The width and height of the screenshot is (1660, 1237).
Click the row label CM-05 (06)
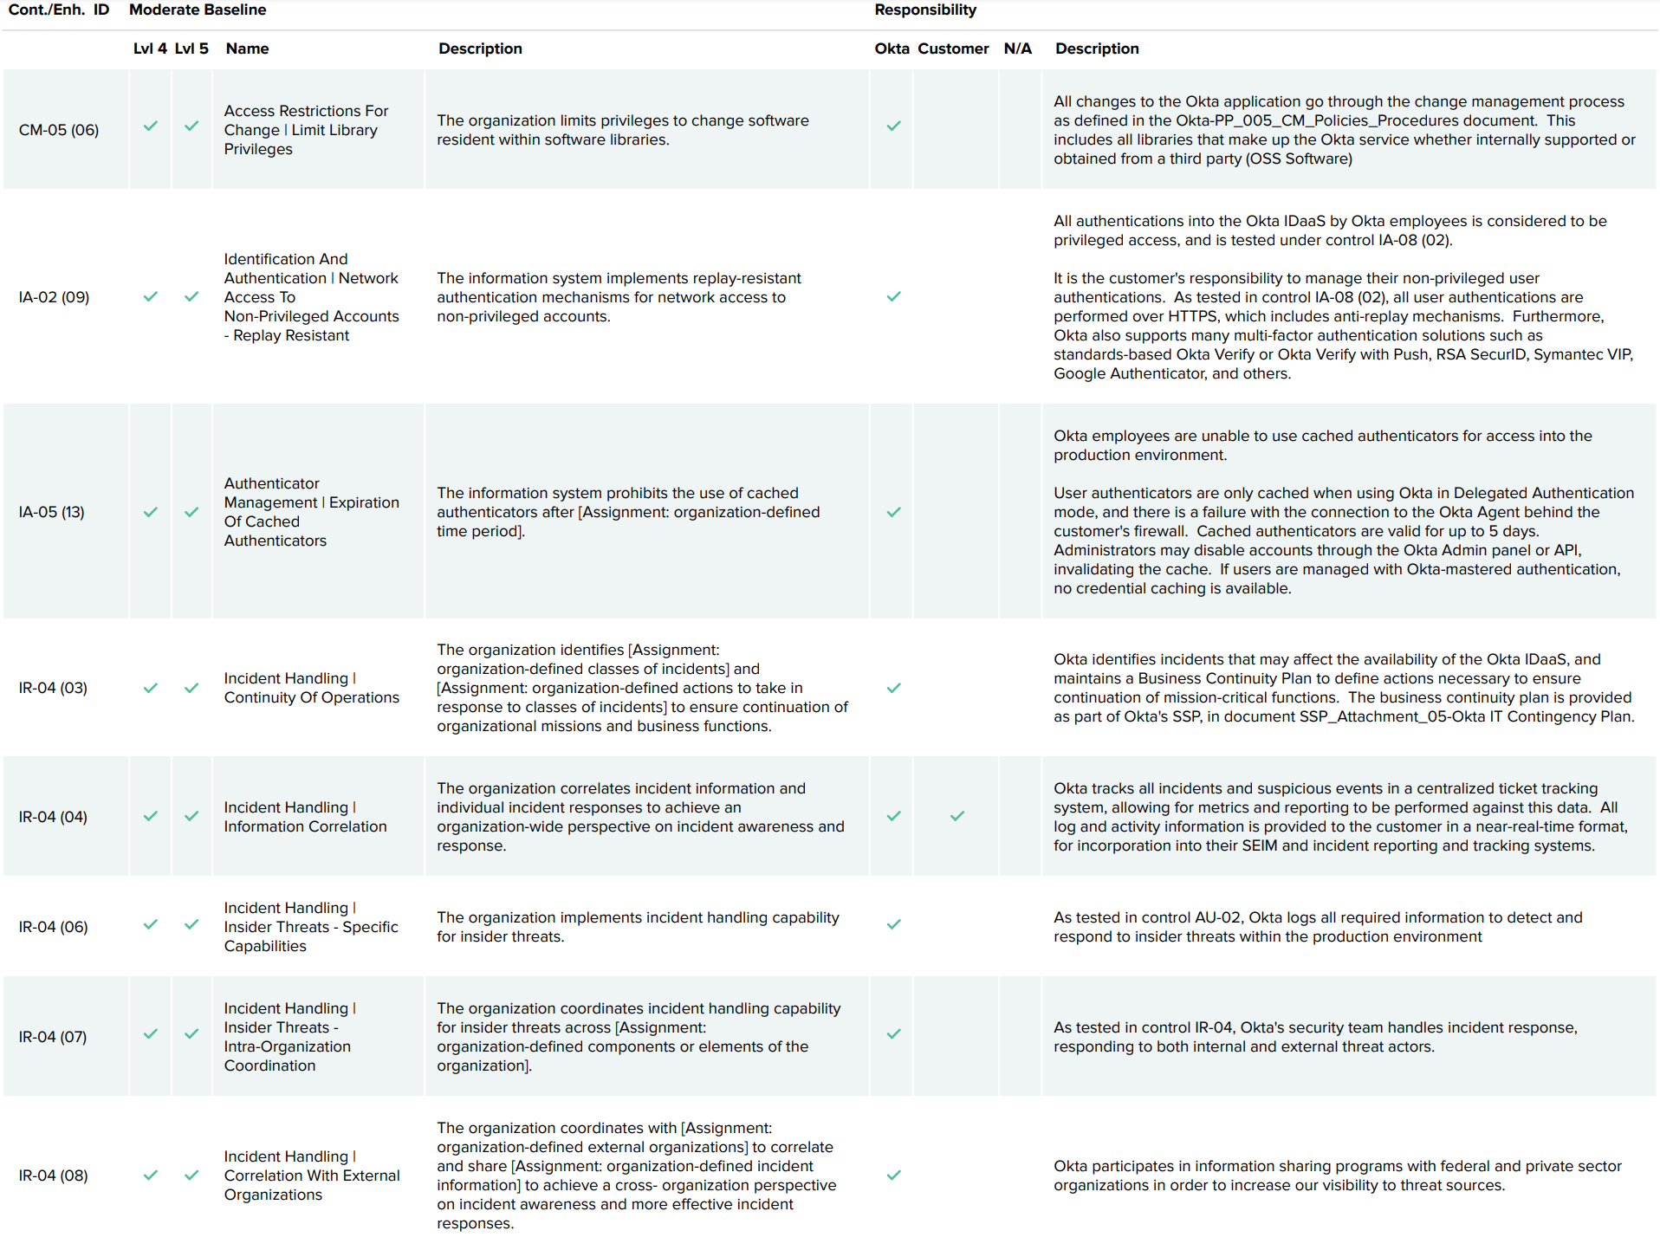(x=59, y=130)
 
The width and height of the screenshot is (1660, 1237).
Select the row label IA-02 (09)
(x=54, y=297)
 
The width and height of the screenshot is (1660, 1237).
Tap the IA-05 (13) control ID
(x=52, y=512)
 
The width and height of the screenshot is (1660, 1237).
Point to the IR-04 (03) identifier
(x=53, y=688)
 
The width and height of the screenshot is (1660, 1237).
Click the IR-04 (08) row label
(x=53, y=1175)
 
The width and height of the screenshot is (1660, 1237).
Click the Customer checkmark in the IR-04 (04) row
(x=956, y=816)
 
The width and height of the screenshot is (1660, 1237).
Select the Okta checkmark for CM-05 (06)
(x=893, y=126)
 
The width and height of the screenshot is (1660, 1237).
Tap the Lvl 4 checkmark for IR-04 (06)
(x=151, y=924)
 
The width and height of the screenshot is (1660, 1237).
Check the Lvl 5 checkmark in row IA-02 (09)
(x=191, y=296)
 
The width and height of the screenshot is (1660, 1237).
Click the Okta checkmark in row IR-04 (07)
(x=893, y=1033)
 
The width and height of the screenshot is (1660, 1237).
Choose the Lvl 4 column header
(x=150, y=49)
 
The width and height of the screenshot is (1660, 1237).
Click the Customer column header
(x=953, y=49)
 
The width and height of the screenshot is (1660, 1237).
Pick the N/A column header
(x=1017, y=49)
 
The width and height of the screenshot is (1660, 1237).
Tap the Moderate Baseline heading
(x=198, y=10)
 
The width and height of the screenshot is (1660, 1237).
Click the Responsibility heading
(x=924, y=10)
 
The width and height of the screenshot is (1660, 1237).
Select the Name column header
(x=247, y=49)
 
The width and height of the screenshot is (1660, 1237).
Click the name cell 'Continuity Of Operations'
(x=311, y=697)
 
